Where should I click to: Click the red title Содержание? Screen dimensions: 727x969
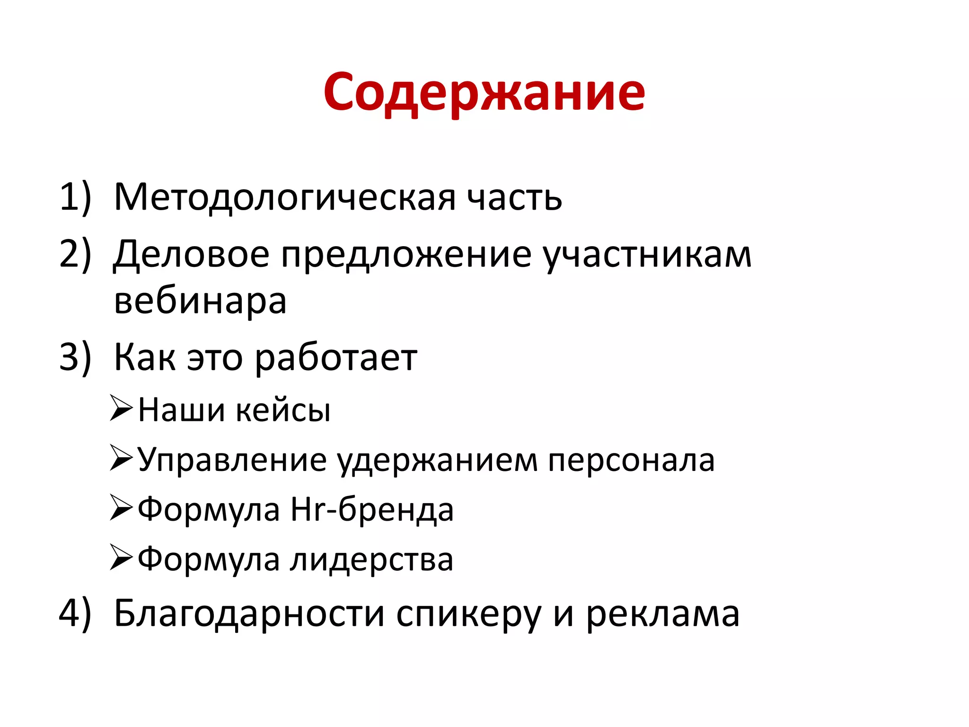pyautogui.click(x=484, y=92)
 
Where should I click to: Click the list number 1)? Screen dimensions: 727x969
pyautogui.click(x=75, y=197)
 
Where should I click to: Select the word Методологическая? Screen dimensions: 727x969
pyautogui.click(x=285, y=197)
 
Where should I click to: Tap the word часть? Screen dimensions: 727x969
pyautogui.click(x=514, y=197)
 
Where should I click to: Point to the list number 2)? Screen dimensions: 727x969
pyautogui.click(x=75, y=254)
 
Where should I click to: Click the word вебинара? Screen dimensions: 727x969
pyautogui.click(x=200, y=301)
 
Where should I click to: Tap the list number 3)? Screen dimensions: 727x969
pyautogui.click(x=75, y=357)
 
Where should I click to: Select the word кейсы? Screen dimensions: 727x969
pyautogui.click(x=283, y=410)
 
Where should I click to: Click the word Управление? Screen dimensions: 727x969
pyautogui.click(x=232, y=460)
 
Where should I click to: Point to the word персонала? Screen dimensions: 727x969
pyautogui.click(x=631, y=460)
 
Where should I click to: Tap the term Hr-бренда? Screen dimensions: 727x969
pyautogui.click(x=372, y=510)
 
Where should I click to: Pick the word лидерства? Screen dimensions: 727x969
pyautogui.click(x=372, y=560)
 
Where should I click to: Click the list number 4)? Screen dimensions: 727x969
pyautogui.click(x=75, y=614)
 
